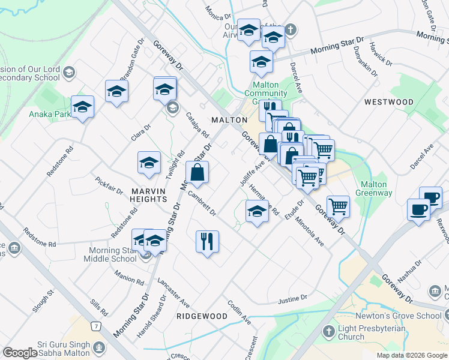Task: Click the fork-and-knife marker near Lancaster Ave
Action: click(x=207, y=242)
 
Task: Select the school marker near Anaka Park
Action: click(x=82, y=107)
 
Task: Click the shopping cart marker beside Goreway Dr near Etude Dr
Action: click(x=339, y=206)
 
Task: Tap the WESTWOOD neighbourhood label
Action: click(x=388, y=103)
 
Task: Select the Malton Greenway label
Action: click(x=376, y=189)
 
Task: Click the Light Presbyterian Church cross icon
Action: click(x=328, y=331)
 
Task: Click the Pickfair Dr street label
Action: click(x=108, y=185)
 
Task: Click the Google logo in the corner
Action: click(x=20, y=353)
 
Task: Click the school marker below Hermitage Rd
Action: click(x=257, y=211)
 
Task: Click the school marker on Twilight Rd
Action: click(x=149, y=162)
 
